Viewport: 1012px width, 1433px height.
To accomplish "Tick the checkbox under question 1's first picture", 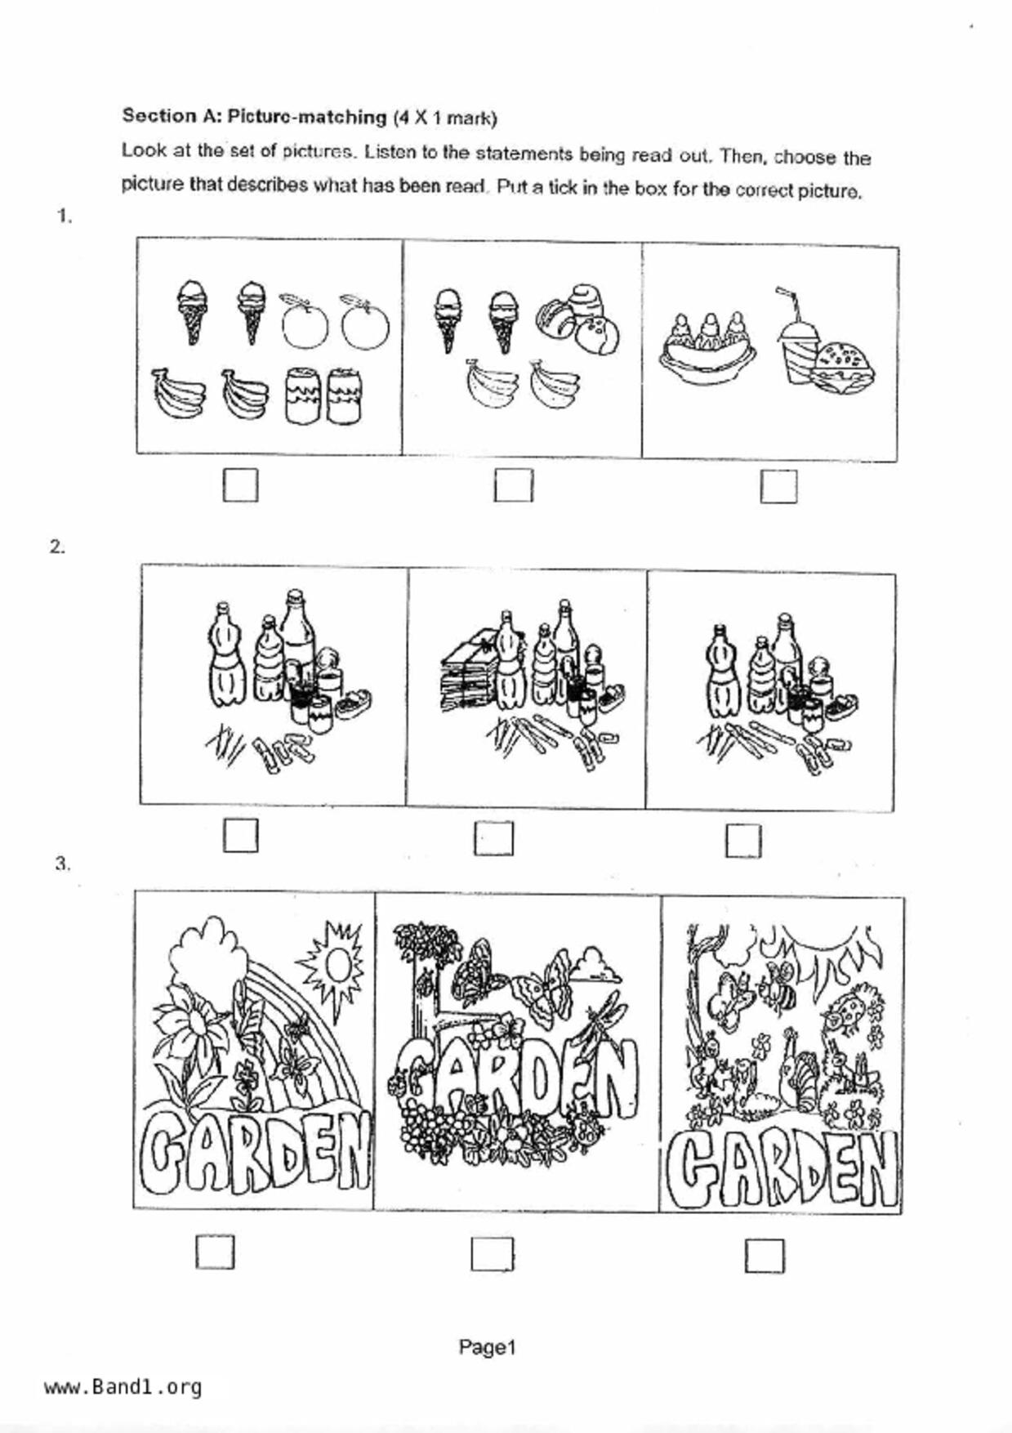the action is click(x=240, y=484).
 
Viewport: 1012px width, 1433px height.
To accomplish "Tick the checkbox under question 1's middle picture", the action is click(x=513, y=484).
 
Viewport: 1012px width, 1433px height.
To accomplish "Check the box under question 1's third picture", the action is click(x=778, y=486).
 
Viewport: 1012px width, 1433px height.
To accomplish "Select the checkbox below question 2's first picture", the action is click(x=240, y=836).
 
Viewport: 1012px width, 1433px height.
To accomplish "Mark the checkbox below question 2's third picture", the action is click(x=743, y=841).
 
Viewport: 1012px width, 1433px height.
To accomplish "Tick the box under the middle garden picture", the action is click(x=493, y=1254).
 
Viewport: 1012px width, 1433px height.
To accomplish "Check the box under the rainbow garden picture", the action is click(x=215, y=1252).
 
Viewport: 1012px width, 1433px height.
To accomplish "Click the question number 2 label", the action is click(x=57, y=547).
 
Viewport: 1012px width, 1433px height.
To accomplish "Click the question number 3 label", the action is click(x=62, y=864).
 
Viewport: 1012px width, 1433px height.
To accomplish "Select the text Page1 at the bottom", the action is click(x=487, y=1347).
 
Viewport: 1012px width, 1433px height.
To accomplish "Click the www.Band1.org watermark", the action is click(x=123, y=1386).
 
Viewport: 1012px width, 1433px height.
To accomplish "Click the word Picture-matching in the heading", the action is click(x=306, y=117).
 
